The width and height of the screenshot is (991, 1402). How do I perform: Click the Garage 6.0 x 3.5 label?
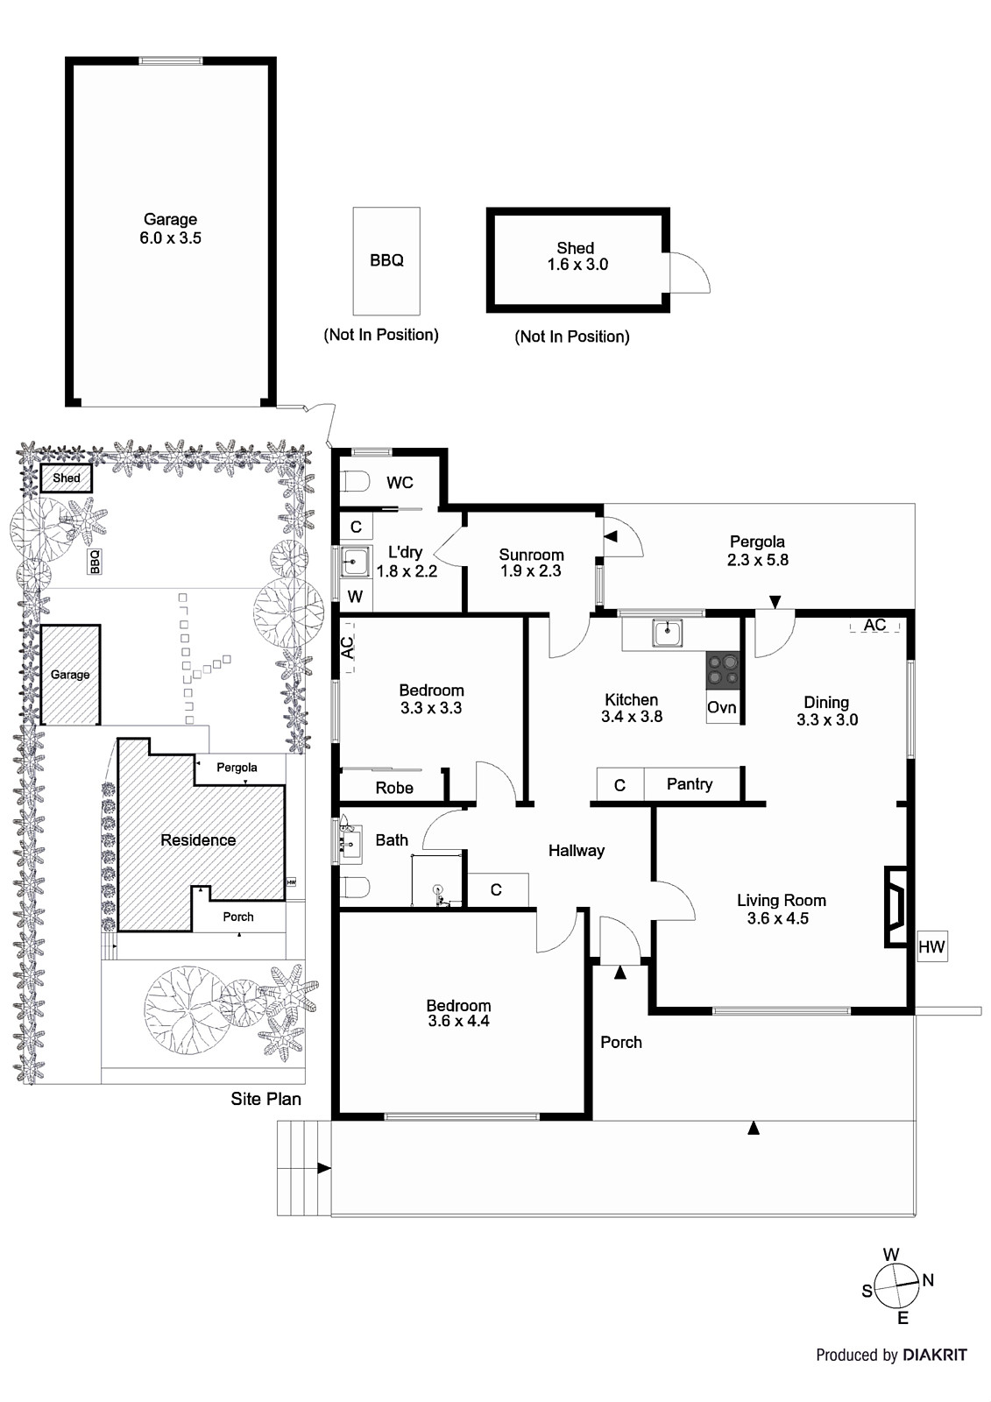[170, 229]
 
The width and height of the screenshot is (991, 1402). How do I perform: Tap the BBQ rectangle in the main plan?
[386, 260]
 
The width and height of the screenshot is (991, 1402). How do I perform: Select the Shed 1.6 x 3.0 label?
[577, 256]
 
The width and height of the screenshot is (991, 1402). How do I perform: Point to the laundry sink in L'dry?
[355, 563]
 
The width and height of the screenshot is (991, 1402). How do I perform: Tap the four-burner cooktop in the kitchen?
[723, 669]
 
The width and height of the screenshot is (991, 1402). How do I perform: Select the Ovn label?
[721, 707]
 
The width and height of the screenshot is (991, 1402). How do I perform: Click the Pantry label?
[689, 783]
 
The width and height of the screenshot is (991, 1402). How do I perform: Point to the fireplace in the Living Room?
[895, 906]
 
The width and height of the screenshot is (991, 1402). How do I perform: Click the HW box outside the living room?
[931, 947]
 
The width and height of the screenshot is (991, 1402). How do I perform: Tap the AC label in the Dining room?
[874, 625]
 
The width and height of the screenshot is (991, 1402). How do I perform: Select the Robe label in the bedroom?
[393, 788]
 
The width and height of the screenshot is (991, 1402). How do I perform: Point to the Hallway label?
[576, 850]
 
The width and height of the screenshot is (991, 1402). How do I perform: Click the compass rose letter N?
[928, 1280]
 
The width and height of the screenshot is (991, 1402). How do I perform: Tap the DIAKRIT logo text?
[935, 1355]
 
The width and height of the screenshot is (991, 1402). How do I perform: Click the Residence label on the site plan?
[198, 839]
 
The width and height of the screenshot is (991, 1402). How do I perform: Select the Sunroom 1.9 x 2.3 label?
[531, 563]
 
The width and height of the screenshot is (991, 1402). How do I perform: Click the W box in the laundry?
[355, 598]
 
